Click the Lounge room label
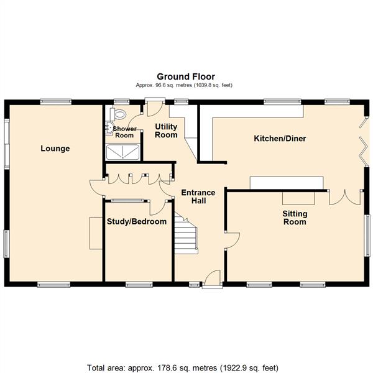[x=55, y=149]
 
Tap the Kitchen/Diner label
[x=280, y=139]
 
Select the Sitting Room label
[x=295, y=218]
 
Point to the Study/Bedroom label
[x=137, y=221]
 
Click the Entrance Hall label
[x=198, y=196]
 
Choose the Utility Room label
[x=166, y=131]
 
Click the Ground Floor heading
[x=186, y=76]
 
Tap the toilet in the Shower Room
[x=117, y=114]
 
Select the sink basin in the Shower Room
[x=109, y=128]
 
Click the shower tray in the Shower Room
[x=122, y=152]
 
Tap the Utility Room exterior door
[x=155, y=107]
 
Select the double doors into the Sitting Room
[x=345, y=197]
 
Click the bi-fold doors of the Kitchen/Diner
[x=364, y=141]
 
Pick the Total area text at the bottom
[x=183, y=368]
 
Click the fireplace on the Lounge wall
[x=96, y=233]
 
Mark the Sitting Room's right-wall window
[x=367, y=236]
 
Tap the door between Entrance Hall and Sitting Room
[x=232, y=240]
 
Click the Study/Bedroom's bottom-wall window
[x=139, y=285]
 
